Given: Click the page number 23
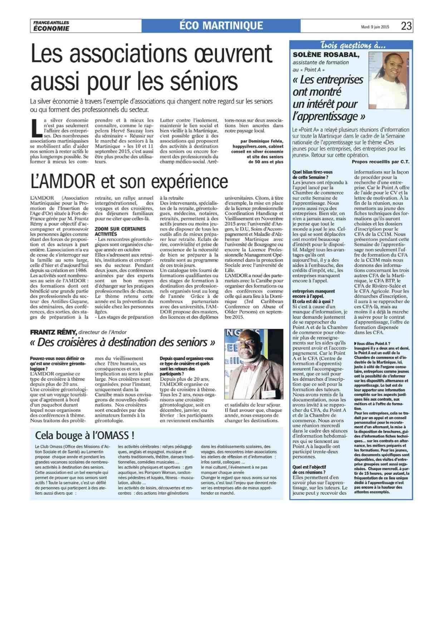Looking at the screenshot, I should click(x=406, y=26).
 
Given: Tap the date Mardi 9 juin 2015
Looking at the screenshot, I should click(x=375, y=27).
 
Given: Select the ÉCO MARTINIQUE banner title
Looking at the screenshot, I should click(x=221, y=26).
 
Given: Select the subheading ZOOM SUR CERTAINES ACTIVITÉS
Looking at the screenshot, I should click(x=120, y=231).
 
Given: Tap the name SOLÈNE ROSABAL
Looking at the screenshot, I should click(x=326, y=55).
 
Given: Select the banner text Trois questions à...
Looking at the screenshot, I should click(x=353, y=45).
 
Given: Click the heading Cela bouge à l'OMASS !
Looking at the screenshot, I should click(x=85, y=435).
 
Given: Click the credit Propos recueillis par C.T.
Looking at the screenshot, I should click(x=380, y=162).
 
